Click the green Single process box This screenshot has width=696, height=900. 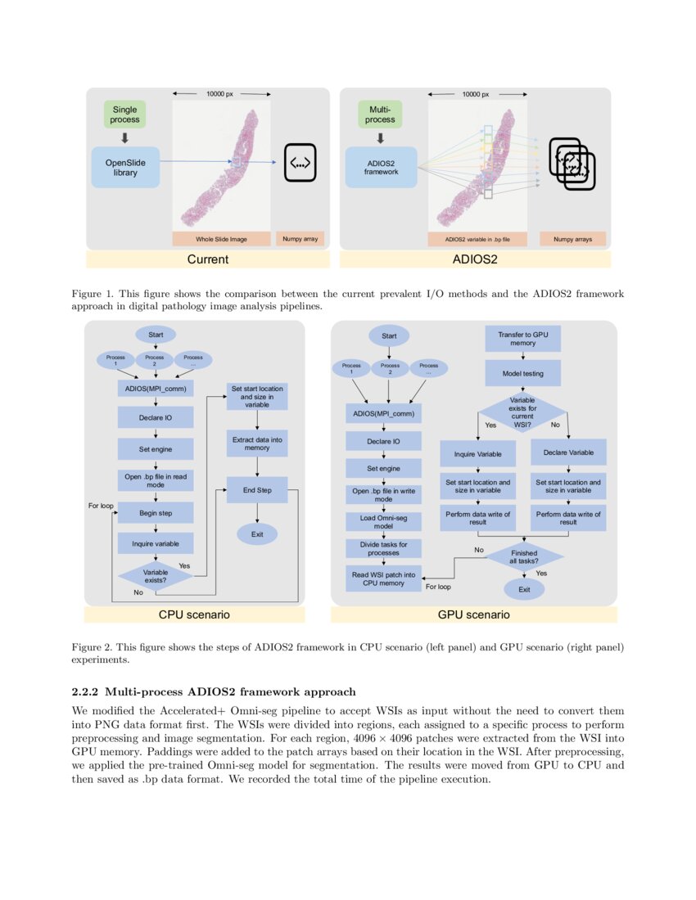125,114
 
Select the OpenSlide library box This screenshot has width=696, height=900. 125,167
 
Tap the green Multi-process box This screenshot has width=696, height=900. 380,114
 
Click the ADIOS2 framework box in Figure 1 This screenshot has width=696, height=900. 381,167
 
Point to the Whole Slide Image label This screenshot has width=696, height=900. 221,239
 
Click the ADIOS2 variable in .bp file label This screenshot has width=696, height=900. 477,239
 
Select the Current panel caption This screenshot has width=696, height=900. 208,260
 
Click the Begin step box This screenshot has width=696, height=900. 155,512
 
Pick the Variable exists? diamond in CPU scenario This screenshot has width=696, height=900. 155,576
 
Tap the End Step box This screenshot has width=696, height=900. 257,490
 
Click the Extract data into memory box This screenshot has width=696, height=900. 257,443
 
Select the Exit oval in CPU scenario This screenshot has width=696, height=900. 257,534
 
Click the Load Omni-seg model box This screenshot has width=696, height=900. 383,522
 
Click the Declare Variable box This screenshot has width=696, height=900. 568,452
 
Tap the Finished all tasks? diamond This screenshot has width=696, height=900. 524,558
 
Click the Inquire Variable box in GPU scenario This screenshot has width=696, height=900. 478,452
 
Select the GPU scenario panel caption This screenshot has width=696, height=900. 473,614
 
